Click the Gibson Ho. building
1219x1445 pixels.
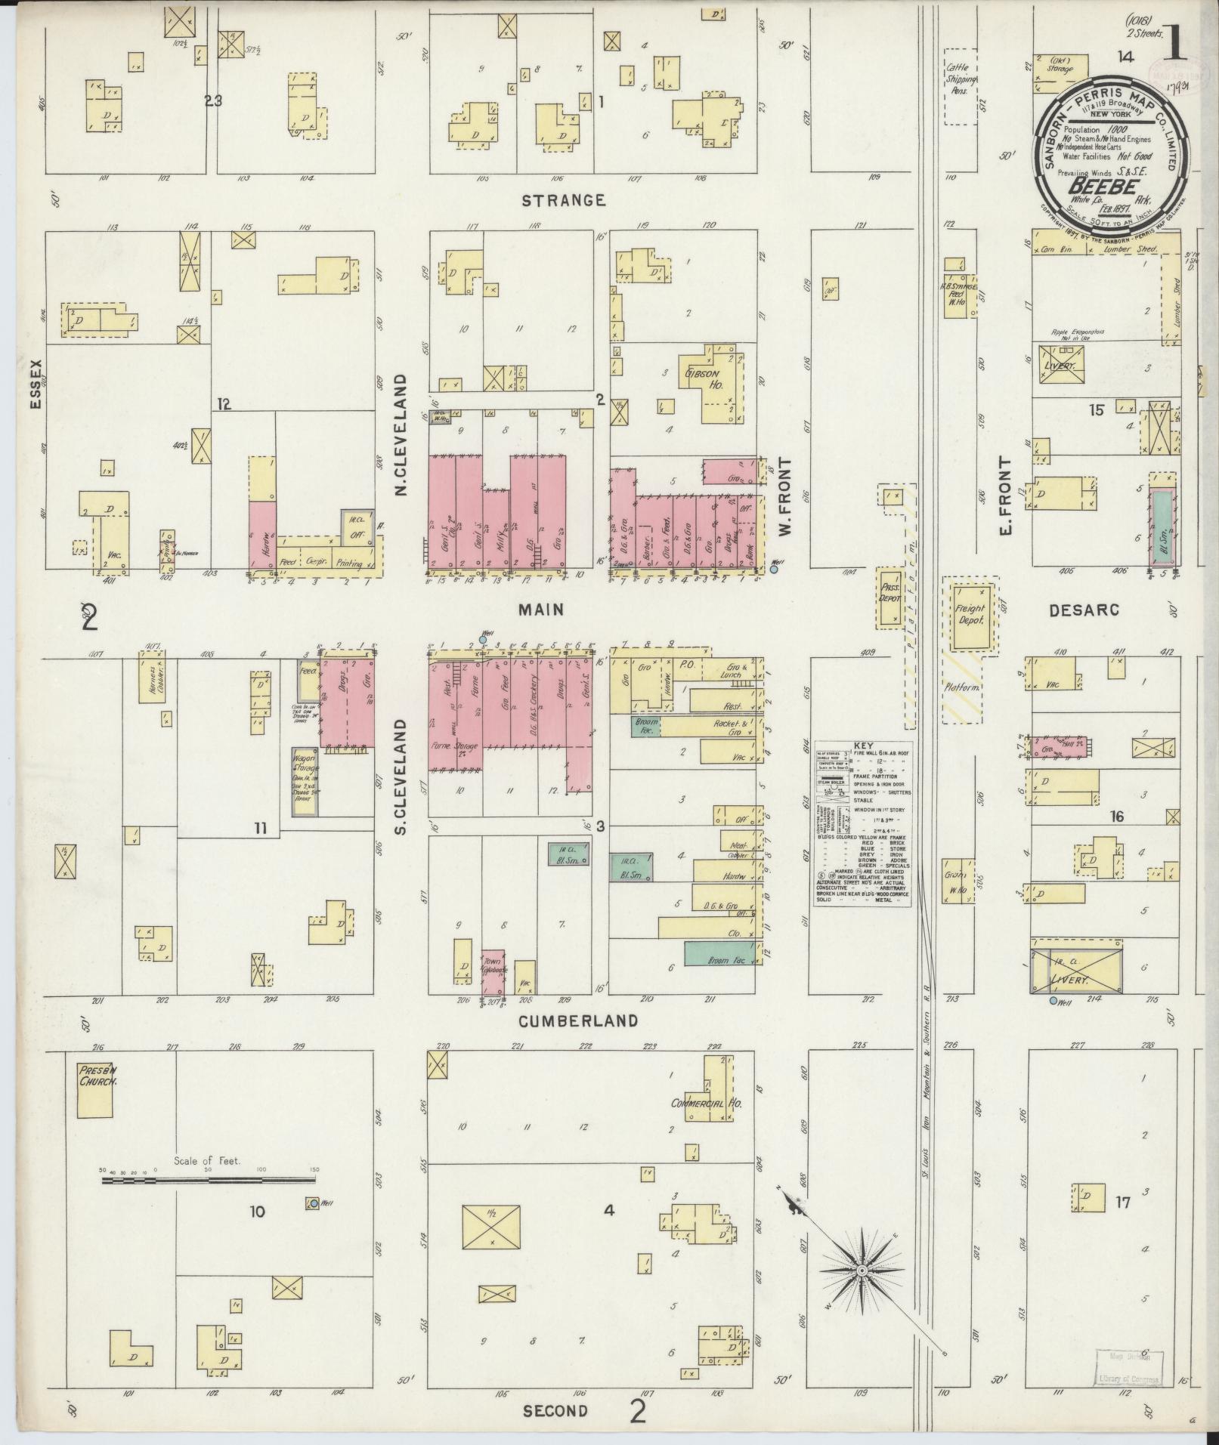point(714,381)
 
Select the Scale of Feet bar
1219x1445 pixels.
point(209,1195)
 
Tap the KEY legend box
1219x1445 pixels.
point(862,823)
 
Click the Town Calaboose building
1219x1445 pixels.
point(493,973)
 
